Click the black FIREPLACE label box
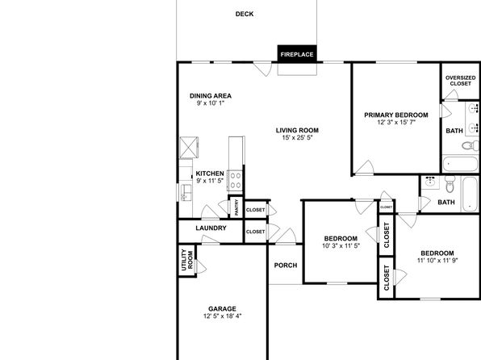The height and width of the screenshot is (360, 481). pos(297,54)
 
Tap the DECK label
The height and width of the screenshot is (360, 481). pos(245,14)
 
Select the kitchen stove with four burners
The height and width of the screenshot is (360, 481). pos(236,181)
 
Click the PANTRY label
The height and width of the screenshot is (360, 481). pos(236,207)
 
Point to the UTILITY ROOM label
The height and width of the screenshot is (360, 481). pos(186,260)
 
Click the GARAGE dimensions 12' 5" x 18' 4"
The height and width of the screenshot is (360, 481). pos(223,316)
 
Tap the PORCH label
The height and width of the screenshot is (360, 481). pos(286,266)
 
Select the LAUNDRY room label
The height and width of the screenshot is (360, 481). pos(211,228)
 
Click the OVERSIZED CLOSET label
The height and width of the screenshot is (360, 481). pos(461,81)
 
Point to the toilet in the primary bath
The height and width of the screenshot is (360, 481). pos(468,145)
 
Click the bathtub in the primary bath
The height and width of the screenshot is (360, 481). pos(460,164)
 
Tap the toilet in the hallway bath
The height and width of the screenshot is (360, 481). pos(450,184)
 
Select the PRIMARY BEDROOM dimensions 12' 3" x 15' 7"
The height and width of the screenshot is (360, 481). pos(396,122)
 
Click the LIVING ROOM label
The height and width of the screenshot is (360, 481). pos(297,131)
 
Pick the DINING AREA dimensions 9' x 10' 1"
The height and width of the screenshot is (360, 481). pos(211,103)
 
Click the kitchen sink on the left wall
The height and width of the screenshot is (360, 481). pos(186,193)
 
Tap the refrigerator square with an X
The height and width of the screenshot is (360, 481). pos(189,148)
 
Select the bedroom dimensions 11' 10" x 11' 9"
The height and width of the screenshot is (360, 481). pos(437,261)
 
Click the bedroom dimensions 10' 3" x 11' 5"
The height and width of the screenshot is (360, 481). pos(341,245)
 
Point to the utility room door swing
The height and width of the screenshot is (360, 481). pos(201,266)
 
